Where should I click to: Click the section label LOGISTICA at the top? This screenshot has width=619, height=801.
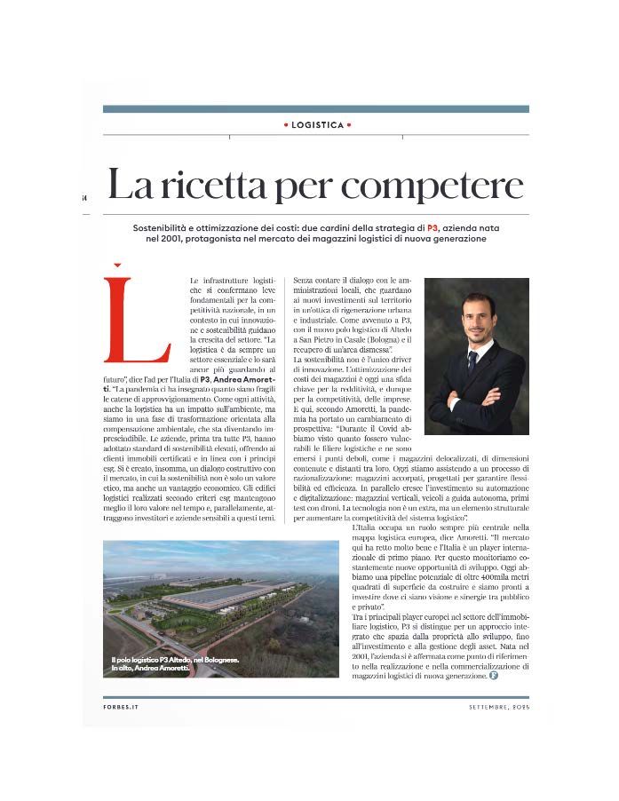point(317,125)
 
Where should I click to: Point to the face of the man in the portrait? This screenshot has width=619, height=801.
point(472,315)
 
